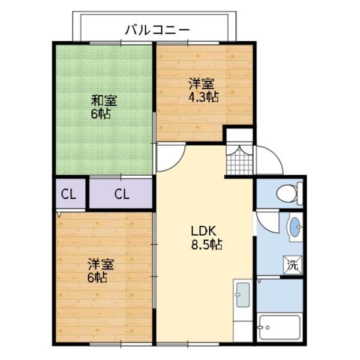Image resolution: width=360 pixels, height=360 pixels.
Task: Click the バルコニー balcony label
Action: tap(157, 29)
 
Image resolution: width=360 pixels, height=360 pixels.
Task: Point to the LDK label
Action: tap(203, 232)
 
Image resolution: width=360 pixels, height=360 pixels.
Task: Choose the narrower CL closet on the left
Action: tap(69, 194)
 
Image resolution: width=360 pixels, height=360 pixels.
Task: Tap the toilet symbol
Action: tap(287, 193)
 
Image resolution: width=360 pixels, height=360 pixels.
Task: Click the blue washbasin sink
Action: tap(294, 227)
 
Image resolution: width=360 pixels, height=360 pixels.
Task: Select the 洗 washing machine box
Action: tap(292, 265)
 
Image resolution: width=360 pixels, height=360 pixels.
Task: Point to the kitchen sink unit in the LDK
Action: tap(242, 294)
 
